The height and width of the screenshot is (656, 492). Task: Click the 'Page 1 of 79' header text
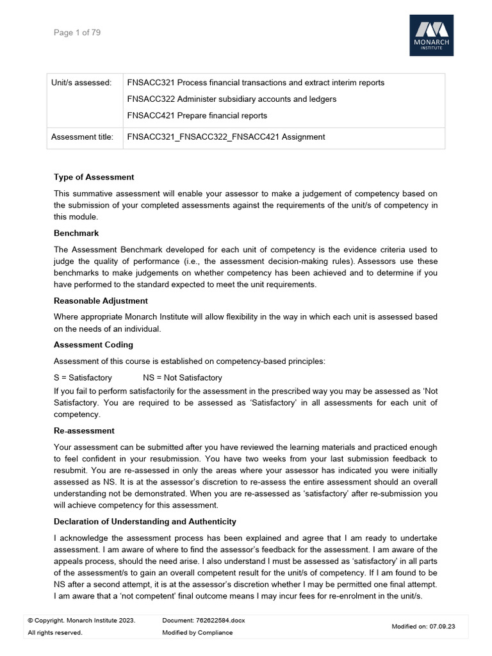pos(77,33)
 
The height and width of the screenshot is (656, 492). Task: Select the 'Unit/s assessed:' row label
pos(81,83)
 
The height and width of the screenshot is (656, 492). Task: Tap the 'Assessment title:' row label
pos(82,136)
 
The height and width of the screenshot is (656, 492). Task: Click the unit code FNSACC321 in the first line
pos(151,83)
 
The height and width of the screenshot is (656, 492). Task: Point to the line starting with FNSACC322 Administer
pos(231,99)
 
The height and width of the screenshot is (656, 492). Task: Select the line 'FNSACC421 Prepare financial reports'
pos(197,116)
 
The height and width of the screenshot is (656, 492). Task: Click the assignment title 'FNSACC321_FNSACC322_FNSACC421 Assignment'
pos(225,136)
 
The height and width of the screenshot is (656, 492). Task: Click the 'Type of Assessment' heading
pos(94,177)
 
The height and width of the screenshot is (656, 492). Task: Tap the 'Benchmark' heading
pos(76,234)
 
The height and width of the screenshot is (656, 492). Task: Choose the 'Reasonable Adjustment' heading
pos(101,301)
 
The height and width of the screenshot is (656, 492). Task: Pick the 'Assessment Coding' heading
pos(93,345)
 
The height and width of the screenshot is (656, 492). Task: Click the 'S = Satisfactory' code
pos(83,377)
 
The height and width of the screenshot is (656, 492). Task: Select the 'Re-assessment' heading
pos(84,430)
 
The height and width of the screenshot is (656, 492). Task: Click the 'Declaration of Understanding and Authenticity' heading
pos(145,521)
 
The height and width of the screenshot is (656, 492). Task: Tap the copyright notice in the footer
pos(81,620)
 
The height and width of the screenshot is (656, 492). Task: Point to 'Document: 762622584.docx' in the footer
pos(204,620)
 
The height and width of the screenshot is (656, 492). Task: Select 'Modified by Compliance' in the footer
pos(197,632)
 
